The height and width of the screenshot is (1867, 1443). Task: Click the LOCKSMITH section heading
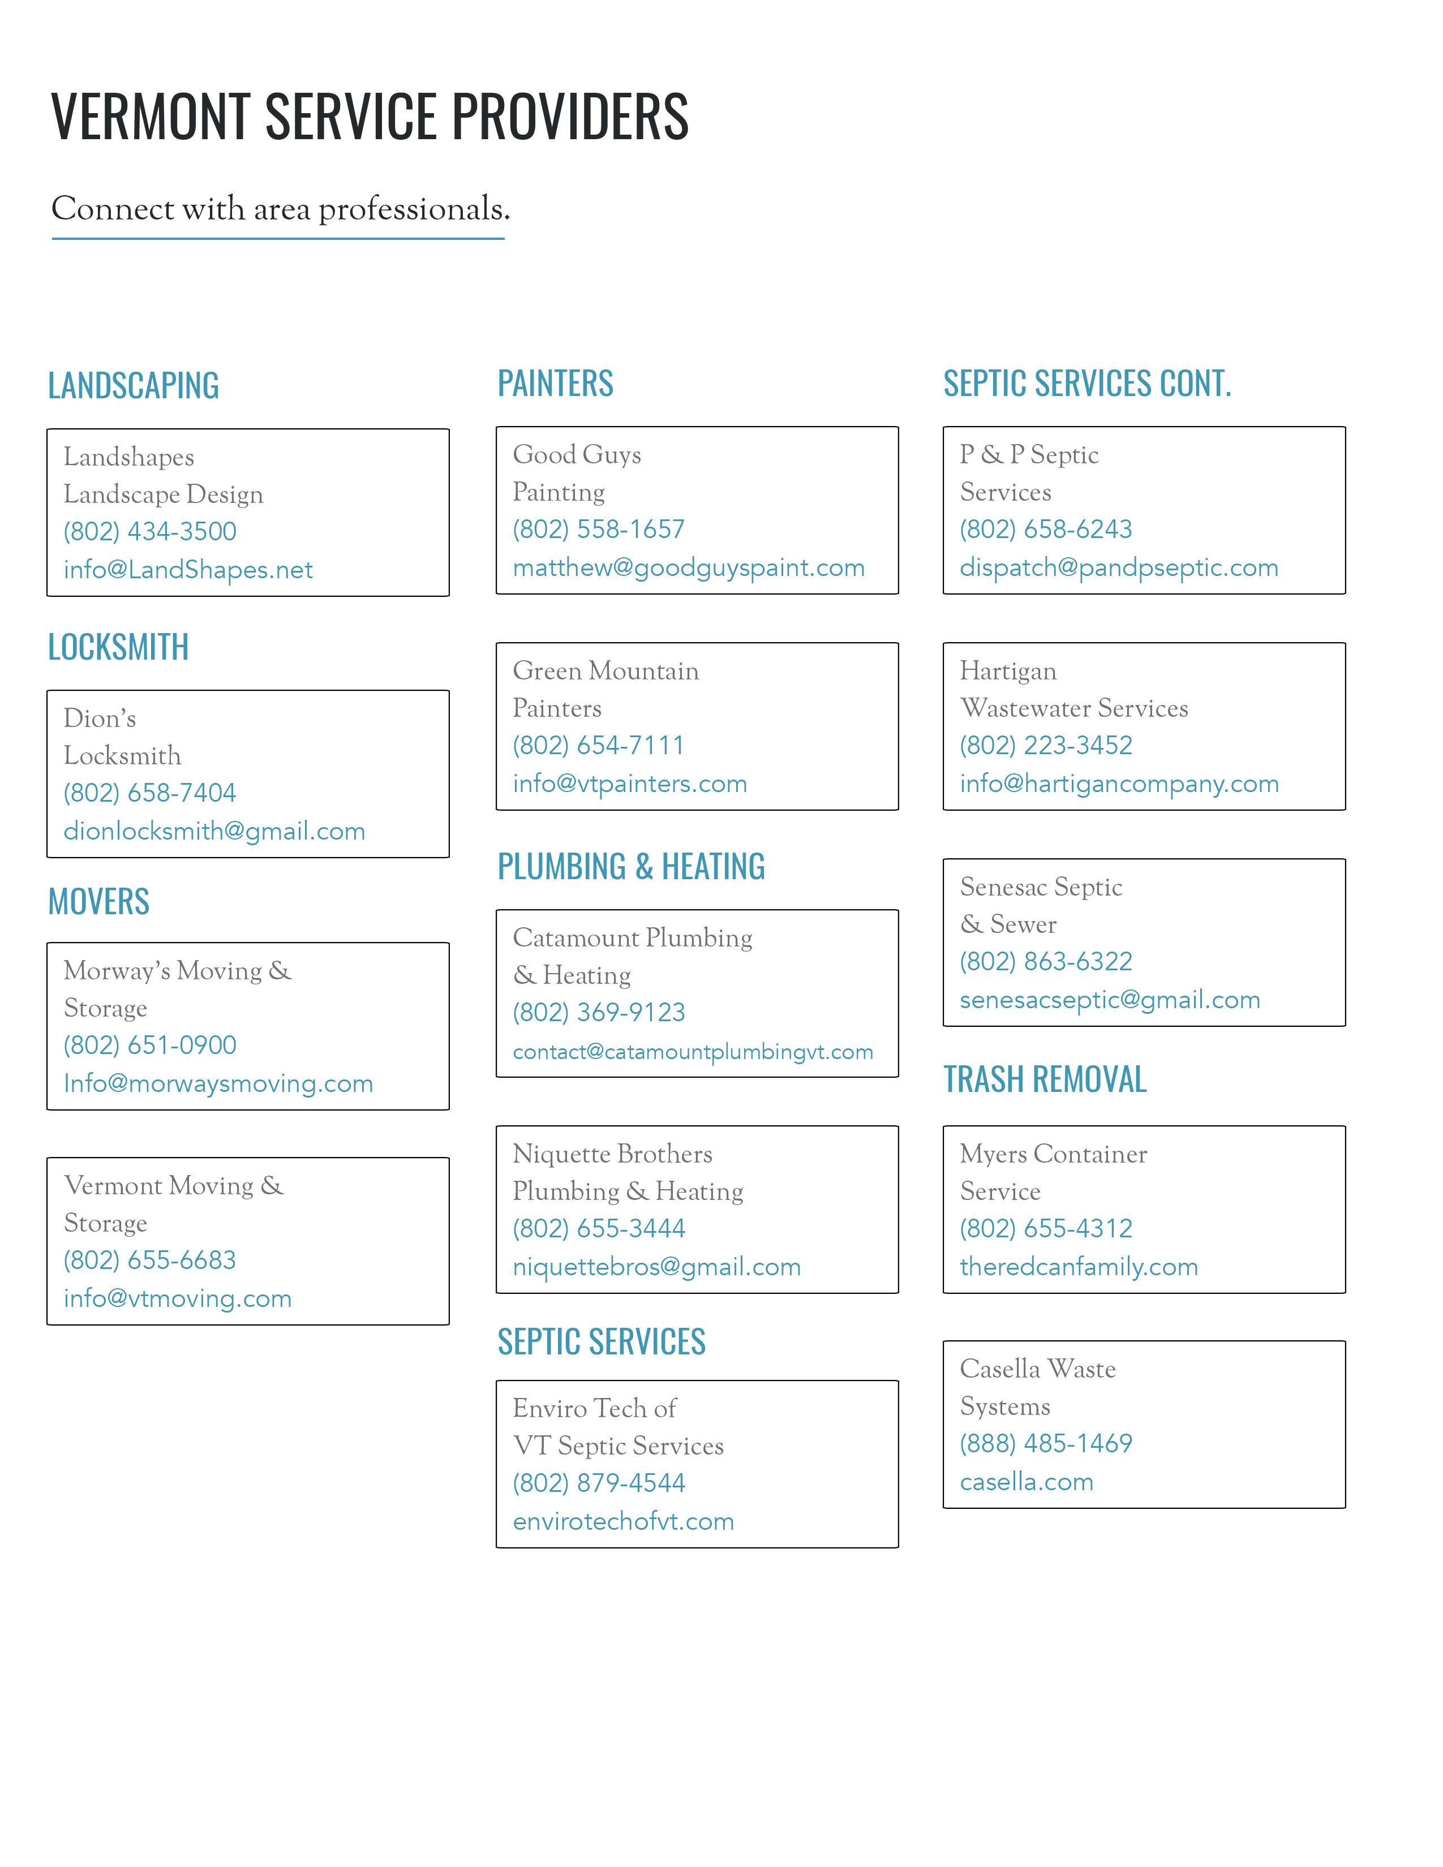(118, 647)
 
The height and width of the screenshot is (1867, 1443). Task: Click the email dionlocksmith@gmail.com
(214, 831)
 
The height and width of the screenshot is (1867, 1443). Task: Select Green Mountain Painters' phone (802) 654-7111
(598, 746)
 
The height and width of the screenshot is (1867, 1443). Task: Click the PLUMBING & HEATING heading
(631, 867)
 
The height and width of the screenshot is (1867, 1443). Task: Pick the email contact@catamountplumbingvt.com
(693, 1052)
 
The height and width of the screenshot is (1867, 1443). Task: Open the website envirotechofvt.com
(623, 1522)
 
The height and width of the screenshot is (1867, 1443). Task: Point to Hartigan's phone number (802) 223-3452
(1046, 746)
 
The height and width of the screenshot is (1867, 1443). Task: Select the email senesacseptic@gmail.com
(1110, 1000)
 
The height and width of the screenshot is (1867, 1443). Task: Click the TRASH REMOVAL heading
(1044, 1079)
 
